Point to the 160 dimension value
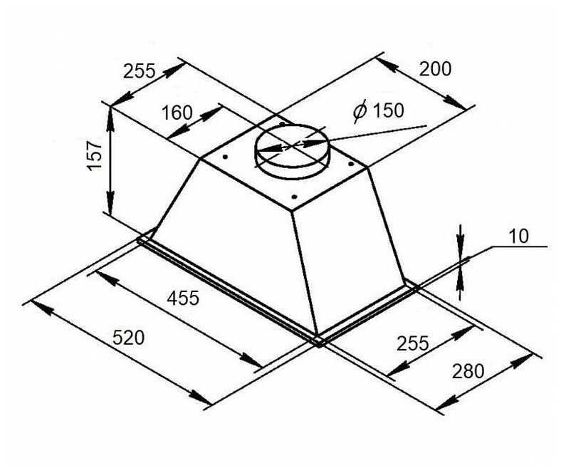177,113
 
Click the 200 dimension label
436,69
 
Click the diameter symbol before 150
360,111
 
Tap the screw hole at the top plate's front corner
293,197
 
